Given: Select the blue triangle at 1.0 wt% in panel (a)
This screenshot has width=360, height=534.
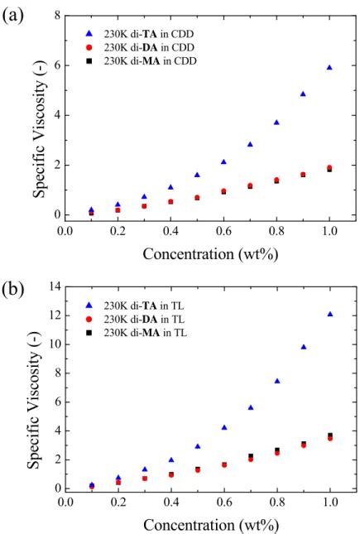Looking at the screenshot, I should click(329, 68).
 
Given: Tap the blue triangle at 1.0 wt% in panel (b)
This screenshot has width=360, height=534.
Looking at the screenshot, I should click(329, 314).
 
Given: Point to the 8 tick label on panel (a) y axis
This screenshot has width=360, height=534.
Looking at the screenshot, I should click(56, 16).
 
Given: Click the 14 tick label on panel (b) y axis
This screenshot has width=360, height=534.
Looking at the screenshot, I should click(53, 286).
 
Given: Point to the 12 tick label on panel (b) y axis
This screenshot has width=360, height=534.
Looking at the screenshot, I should click(53, 315).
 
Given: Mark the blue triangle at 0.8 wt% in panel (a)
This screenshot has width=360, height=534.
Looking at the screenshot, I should click(276, 123).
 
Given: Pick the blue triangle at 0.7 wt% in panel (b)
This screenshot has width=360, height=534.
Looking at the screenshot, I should click(250, 407).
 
